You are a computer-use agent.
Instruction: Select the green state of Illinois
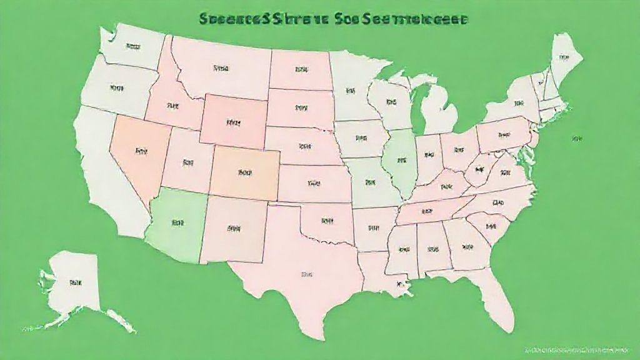pyautogui.click(x=400, y=162)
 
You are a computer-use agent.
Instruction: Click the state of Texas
pyautogui.click(x=300, y=275)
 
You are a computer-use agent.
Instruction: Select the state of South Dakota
pyautogui.click(x=300, y=108)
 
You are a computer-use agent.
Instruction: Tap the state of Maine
pyautogui.click(x=564, y=58)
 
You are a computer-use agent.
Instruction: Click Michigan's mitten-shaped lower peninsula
pyautogui.click(x=441, y=112)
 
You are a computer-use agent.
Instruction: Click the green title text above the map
pyautogui.click(x=331, y=19)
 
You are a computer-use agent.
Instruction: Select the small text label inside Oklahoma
pyautogui.click(x=326, y=221)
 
